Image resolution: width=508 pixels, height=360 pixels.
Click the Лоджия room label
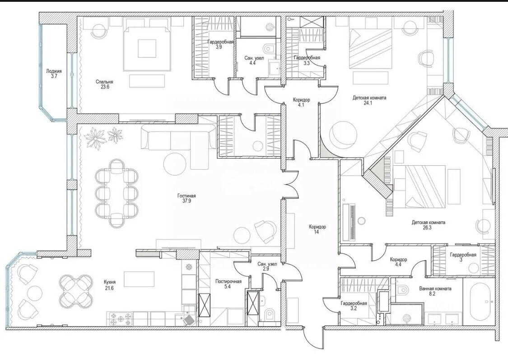click(54, 71)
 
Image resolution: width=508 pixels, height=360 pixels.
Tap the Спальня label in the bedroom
click(104, 82)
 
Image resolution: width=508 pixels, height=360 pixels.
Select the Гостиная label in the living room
click(186, 196)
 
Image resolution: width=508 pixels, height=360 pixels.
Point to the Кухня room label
click(109, 282)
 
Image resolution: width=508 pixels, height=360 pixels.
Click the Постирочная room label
click(228, 281)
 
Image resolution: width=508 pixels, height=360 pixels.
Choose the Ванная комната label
click(435, 289)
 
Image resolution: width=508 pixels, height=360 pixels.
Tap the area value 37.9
click(186, 201)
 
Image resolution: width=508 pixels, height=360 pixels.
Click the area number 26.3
click(429, 228)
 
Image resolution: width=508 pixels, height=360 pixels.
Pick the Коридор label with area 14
click(317, 227)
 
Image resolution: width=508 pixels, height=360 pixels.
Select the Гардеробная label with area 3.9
click(221, 42)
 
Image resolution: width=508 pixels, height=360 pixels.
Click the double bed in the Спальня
click(147, 48)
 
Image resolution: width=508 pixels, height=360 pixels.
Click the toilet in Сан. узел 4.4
click(270, 49)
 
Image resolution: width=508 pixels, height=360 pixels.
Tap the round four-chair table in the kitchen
click(75, 290)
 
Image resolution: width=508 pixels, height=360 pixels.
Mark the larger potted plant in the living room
click(96, 138)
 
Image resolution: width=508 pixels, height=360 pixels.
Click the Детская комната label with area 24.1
click(369, 98)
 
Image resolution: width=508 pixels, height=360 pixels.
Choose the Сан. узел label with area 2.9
click(267, 264)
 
